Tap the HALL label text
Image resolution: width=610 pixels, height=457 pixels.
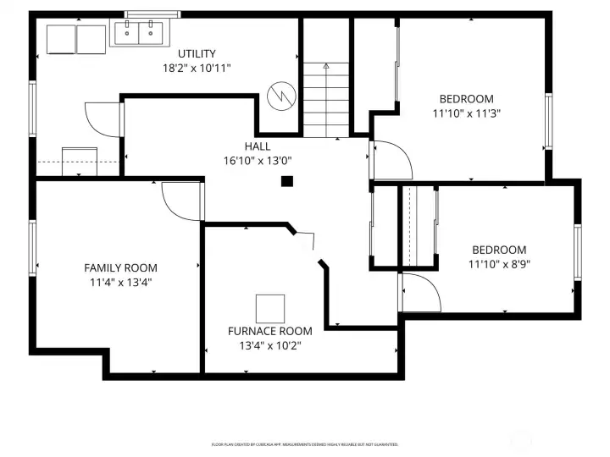[x=258, y=146]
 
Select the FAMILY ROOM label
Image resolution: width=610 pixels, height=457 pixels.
[x=120, y=268]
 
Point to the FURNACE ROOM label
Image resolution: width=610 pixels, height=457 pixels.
[x=269, y=331]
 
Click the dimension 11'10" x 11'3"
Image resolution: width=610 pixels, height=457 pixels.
[x=466, y=112]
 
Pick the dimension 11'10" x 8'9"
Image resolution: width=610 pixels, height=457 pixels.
[x=499, y=263]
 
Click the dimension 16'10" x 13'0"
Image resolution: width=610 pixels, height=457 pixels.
[x=258, y=160]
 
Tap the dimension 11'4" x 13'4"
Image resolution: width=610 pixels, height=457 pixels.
[x=120, y=282]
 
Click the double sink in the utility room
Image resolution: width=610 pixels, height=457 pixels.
[x=138, y=34]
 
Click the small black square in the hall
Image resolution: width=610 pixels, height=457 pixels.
[x=287, y=180]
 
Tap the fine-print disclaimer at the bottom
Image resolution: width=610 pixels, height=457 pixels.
[x=304, y=443]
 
